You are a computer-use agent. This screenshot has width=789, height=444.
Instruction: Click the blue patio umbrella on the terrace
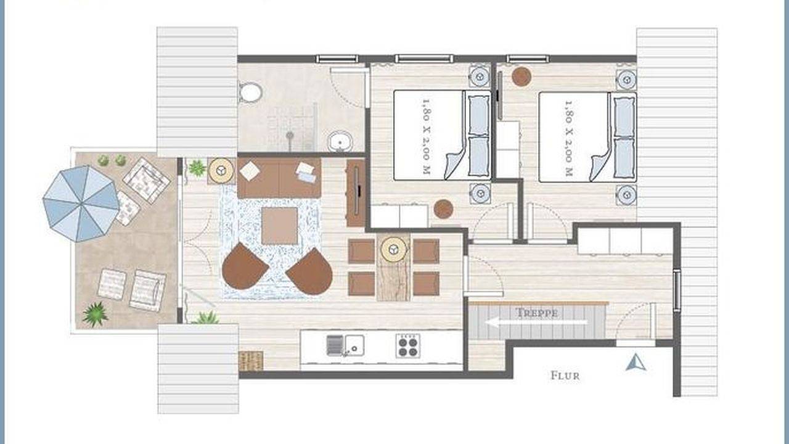81,203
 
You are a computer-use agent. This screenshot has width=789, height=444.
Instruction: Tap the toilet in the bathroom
250,92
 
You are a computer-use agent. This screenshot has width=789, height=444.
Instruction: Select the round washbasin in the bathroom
340,142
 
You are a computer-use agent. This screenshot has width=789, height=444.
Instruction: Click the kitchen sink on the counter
345,345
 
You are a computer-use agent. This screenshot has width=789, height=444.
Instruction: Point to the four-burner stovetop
408,346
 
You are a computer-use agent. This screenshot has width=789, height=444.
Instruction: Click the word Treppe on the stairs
536,313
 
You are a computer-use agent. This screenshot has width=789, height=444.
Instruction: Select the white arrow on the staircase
536,322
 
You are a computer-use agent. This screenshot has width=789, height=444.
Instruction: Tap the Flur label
565,376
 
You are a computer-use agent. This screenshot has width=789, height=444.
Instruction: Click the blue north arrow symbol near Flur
636,363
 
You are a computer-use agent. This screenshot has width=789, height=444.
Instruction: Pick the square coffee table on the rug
279,226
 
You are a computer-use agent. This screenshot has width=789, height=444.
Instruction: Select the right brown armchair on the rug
310,271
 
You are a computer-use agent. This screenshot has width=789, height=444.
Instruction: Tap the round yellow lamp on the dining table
393,250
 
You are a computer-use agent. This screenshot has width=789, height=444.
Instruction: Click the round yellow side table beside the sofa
221,171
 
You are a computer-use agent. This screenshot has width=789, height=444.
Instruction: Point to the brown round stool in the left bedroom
443,209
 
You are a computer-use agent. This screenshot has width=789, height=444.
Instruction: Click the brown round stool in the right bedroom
521,76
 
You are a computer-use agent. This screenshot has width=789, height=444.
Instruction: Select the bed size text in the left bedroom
427,136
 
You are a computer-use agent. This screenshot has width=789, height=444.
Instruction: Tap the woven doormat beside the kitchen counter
251,361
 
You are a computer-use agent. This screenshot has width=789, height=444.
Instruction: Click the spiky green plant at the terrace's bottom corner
95,314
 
